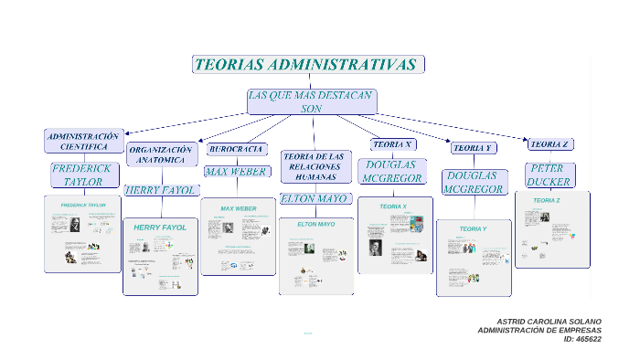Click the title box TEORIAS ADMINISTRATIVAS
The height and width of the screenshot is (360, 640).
click(x=307, y=65)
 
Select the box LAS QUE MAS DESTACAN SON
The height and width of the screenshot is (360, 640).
click(x=311, y=101)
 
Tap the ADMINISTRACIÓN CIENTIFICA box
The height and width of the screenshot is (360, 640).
click(x=83, y=141)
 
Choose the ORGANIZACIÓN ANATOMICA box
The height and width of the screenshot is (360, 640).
click(x=161, y=154)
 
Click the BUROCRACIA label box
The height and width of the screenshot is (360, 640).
click(x=237, y=148)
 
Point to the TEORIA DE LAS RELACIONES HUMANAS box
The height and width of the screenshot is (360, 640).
click(x=315, y=165)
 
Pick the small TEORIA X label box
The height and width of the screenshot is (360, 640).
click(x=393, y=144)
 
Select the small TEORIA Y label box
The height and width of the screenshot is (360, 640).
click(x=474, y=147)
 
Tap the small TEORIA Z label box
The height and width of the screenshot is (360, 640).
click(x=550, y=144)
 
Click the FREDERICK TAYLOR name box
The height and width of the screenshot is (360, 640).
click(x=82, y=175)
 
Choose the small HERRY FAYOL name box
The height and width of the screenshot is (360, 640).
click(x=160, y=190)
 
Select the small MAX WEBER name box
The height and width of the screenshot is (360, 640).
click(x=236, y=171)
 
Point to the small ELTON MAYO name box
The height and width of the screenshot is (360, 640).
click(x=315, y=198)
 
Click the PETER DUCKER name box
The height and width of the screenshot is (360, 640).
click(x=549, y=175)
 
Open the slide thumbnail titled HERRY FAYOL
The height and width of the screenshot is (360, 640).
click(x=160, y=257)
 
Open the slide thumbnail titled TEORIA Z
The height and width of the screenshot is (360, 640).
click(x=552, y=229)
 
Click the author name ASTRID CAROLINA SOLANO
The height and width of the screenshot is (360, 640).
click(x=549, y=322)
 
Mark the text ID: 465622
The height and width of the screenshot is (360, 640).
click(x=582, y=339)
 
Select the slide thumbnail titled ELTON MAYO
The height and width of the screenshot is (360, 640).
click(x=315, y=256)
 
